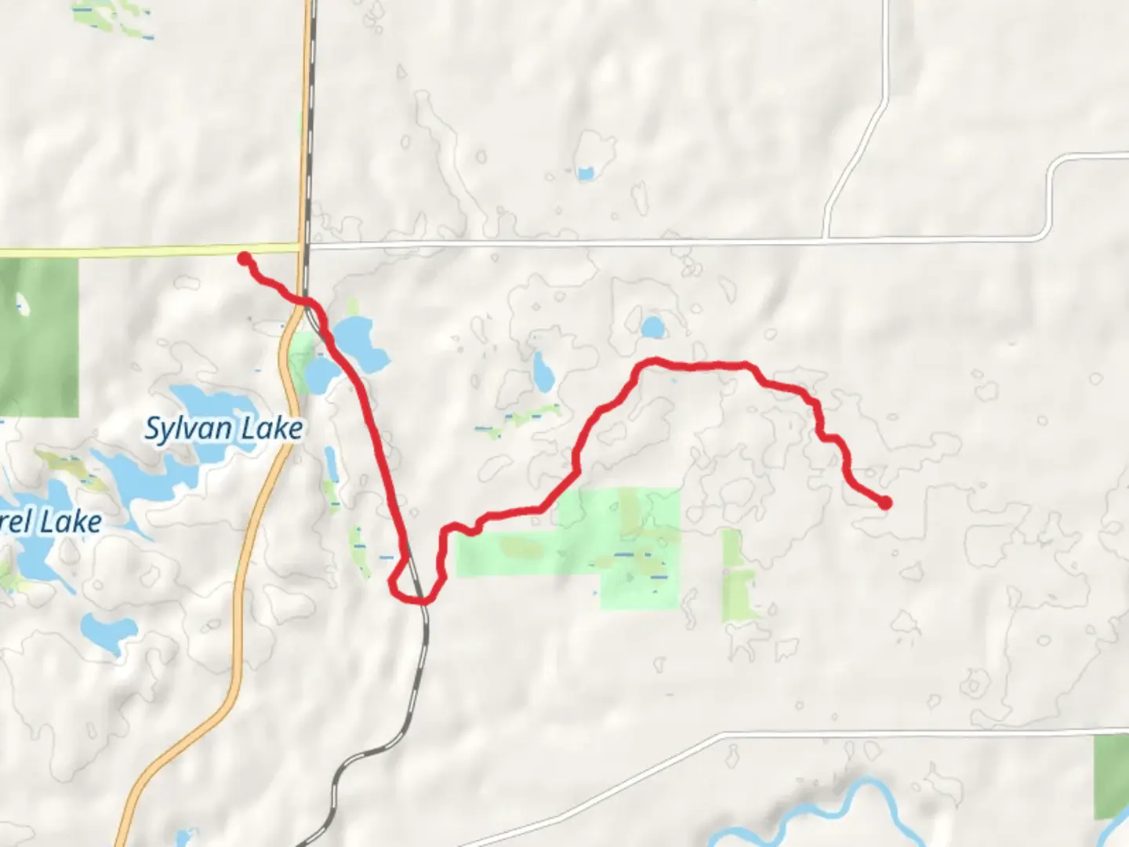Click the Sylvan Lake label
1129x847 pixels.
click(x=223, y=429)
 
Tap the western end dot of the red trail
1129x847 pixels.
click(x=245, y=258)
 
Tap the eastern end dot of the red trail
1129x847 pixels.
click(x=885, y=503)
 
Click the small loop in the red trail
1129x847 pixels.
click(x=405, y=583)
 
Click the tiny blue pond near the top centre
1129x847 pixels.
click(x=585, y=173)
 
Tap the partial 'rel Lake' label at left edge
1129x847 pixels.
click(x=51, y=522)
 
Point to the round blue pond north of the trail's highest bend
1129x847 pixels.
click(x=652, y=327)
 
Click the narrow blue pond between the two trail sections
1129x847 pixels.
click(x=541, y=372)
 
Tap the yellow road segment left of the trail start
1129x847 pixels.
click(x=118, y=252)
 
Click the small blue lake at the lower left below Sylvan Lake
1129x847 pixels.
click(x=108, y=630)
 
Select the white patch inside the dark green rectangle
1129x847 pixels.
click(x=22, y=304)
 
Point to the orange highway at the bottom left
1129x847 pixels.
click(x=188, y=753)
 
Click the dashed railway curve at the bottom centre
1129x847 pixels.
click(x=361, y=761)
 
